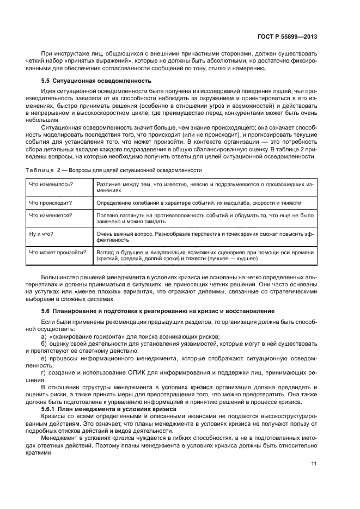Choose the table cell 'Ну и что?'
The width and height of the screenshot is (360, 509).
(41, 234)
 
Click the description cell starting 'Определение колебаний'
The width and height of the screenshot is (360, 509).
(199, 203)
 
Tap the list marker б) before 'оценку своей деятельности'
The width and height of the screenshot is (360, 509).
(44, 345)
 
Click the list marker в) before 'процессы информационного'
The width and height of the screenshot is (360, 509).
(44, 359)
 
